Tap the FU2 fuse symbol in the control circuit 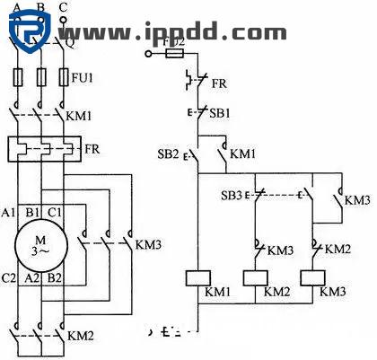pos(177,53)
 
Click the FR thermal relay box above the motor pos(40,147)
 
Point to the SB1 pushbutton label pos(220,113)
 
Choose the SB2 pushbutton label pos(169,154)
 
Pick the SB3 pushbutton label pos(231,194)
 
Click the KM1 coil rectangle pos(197,277)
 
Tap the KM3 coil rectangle pos(313,277)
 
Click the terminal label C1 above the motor pos(56,213)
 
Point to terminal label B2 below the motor pos(56,278)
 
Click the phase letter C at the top pos(62,7)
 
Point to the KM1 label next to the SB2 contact pos(243,154)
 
